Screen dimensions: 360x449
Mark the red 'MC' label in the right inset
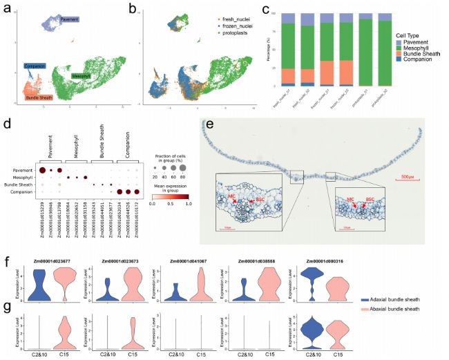(x=352, y=201)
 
